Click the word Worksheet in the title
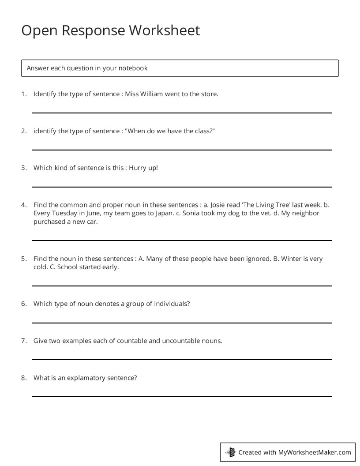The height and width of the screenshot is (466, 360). [x=164, y=30]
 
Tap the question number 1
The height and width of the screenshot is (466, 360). [x=24, y=94]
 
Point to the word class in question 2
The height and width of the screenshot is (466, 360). [x=203, y=131]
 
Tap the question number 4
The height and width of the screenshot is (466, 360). [x=24, y=205]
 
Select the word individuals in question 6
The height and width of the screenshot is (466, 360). [x=173, y=304]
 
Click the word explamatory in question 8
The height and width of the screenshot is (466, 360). [x=86, y=378]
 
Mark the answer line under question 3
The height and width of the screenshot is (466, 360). [x=181, y=187]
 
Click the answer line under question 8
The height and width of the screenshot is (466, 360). [x=181, y=396]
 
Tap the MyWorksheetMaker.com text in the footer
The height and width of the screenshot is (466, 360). [x=315, y=452]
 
